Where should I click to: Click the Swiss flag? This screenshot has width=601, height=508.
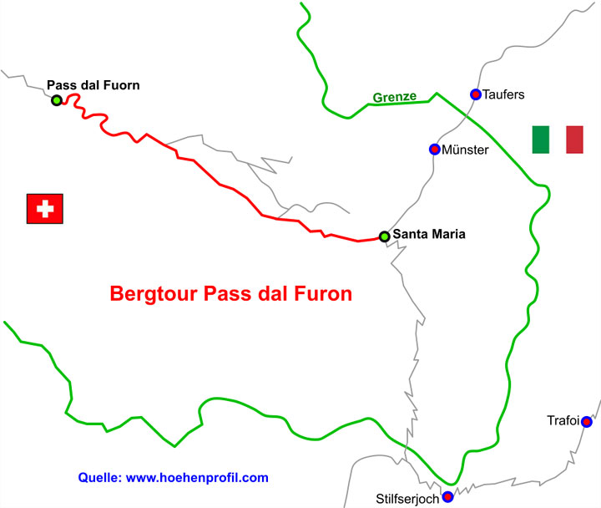pos(45,209)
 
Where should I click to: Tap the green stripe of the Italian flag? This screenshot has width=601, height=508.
pos(541,140)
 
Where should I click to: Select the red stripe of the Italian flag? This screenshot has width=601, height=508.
pos(574,140)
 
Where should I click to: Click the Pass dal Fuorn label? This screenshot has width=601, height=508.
pos(93,84)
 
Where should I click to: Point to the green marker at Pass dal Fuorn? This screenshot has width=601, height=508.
pos(56,100)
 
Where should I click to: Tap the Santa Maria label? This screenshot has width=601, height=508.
pos(429,235)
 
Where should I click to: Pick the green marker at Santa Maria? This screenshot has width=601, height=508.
pos(384,236)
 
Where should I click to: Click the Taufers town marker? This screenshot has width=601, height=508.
pos(475,94)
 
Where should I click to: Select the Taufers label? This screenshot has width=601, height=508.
pos(504,94)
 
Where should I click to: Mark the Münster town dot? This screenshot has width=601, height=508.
pos(434,149)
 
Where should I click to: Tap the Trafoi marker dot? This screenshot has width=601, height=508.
pos(587,422)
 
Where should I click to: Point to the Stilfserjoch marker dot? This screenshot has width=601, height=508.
pos(447,497)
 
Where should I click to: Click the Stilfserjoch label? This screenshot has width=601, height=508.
pos(407,499)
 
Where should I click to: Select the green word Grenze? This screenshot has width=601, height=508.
pos(395,98)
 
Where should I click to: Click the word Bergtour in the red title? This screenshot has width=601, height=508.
pos(148,295)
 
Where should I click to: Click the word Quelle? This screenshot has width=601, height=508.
pos(98,478)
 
